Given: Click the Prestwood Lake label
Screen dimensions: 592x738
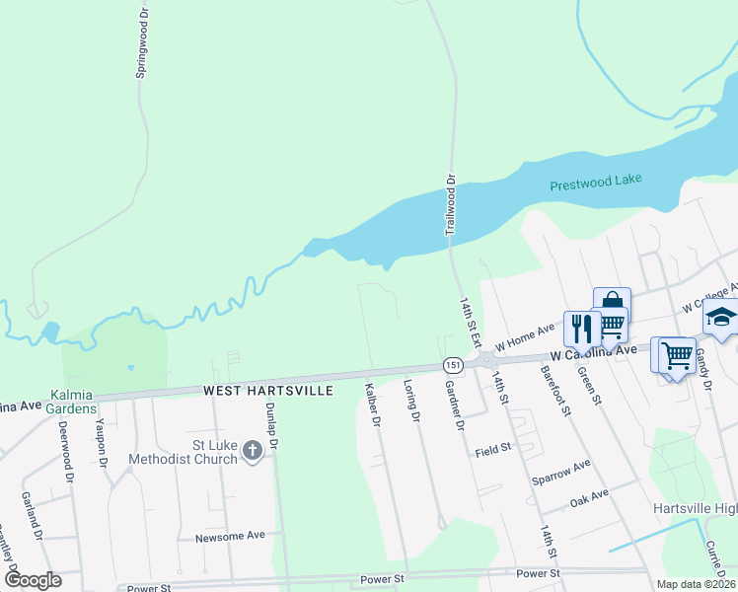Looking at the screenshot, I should pos(596,182).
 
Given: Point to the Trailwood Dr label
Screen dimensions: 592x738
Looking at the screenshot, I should pos(449,205).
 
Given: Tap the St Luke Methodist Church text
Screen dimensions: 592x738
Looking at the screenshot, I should pos(184,452).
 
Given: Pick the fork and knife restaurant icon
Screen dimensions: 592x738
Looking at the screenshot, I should pos(579,327).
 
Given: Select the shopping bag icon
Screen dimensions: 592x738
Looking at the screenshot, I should pos(611,300).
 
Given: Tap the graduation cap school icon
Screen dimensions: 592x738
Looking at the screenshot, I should pos(720,318).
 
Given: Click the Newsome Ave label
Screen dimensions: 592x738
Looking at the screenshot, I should pos(230,536).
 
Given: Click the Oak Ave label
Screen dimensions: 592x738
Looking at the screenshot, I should pos(589,497).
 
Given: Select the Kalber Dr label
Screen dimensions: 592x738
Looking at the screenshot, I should pos(373,406).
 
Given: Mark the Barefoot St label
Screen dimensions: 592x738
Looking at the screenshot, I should pos(555,391).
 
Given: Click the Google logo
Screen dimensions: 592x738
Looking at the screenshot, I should pos(33,580).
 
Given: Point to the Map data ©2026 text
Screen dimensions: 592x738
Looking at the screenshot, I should pos(696,584).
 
